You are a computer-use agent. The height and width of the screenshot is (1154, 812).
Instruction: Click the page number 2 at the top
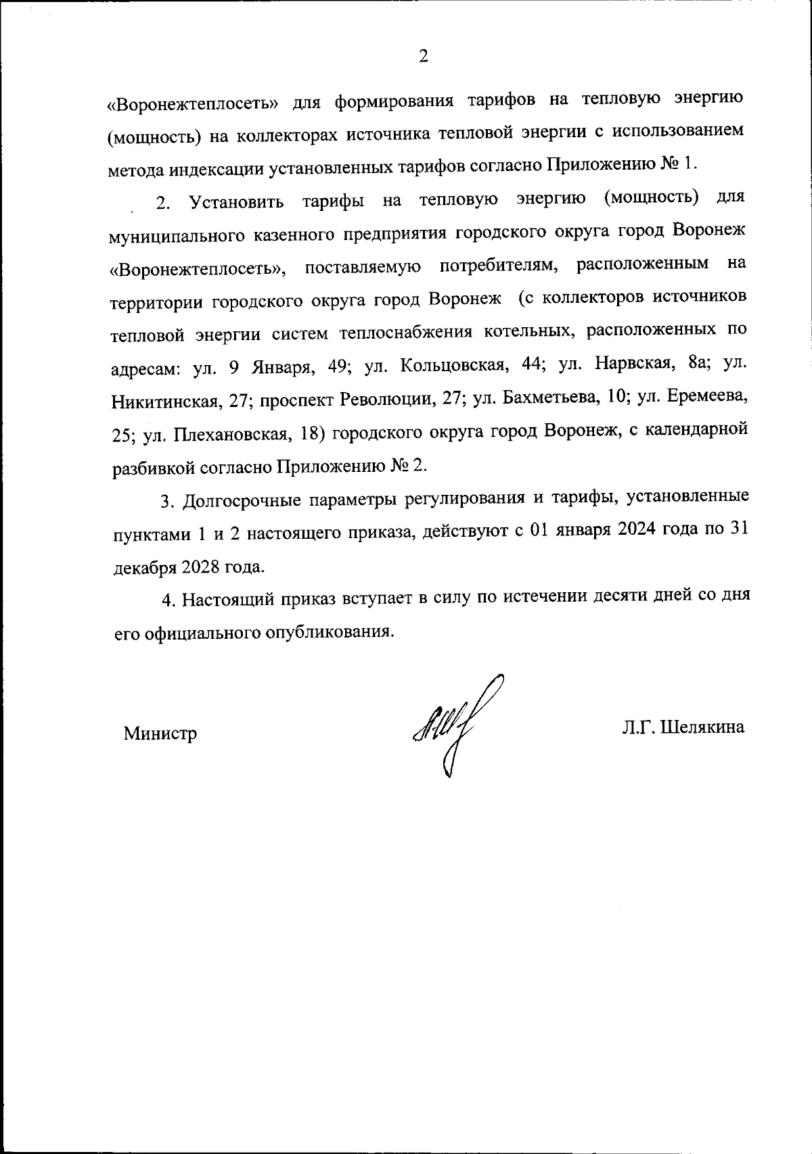423,57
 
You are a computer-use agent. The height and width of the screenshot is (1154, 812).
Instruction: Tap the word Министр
160,734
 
